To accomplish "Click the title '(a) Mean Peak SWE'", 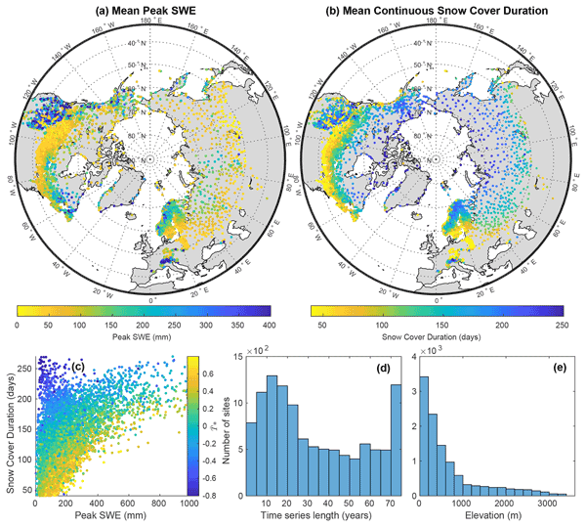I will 150,10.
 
